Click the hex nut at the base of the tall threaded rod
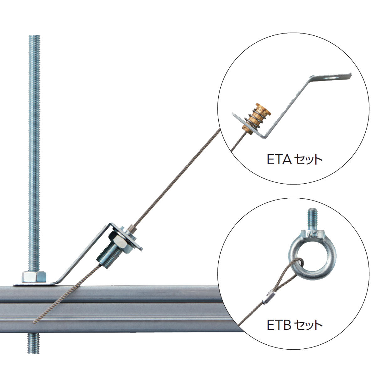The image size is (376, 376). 34,277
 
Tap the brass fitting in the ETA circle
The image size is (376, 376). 256,119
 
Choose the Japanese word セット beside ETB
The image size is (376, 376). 308,325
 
